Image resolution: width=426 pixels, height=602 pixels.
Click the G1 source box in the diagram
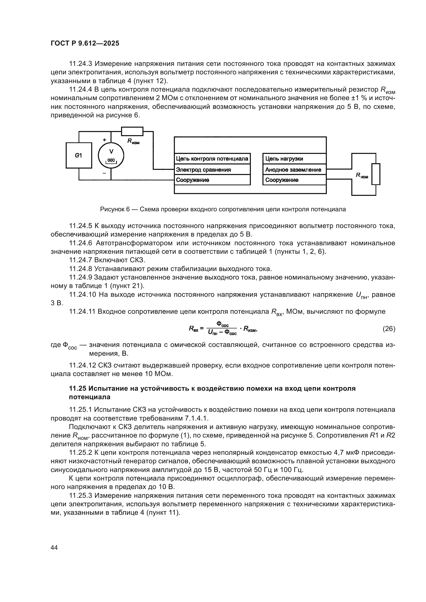pos(79,155)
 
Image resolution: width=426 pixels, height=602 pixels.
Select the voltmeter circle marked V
pos(111,155)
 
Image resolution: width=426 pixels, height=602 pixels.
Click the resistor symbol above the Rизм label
pos(132,131)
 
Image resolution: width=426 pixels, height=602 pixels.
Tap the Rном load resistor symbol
pos(376,174)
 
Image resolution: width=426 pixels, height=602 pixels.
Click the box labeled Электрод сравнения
pos(212,170)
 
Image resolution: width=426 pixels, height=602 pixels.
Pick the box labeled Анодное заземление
pos(294,170)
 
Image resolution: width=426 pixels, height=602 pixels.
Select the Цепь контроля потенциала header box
pos(212,159)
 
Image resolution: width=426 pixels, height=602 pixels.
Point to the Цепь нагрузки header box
pos(294,159)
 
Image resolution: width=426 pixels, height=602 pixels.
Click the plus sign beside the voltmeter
pos(104,140)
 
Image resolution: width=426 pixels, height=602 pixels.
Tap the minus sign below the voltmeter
pos(104,173)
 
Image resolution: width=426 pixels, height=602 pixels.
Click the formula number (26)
pos(389,328)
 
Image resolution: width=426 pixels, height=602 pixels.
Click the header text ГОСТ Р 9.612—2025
pos(85,43)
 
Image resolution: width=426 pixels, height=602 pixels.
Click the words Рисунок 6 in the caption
pos(115,209)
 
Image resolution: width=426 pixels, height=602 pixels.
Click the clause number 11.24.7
pos(81,260)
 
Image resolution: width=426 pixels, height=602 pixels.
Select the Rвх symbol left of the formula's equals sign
pos(194,328)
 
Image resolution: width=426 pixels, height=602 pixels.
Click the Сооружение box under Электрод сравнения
pos(212,180)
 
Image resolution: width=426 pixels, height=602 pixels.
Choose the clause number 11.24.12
pos(82,365)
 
